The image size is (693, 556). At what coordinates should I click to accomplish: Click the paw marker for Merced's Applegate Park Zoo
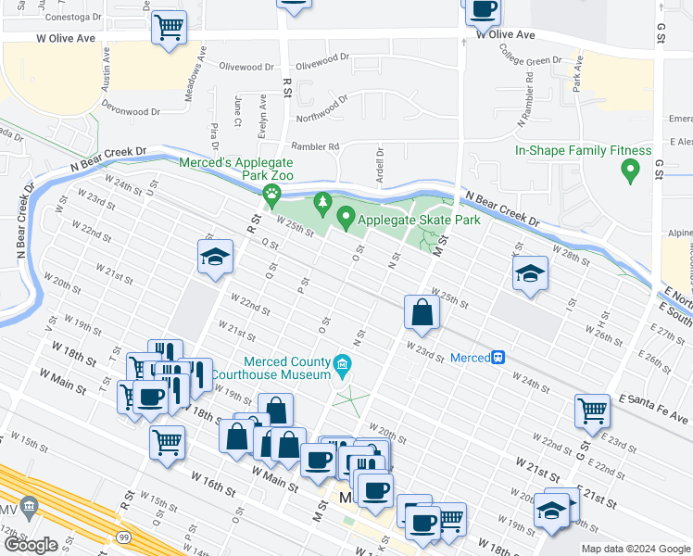pyautogui.click(x=271, y=195)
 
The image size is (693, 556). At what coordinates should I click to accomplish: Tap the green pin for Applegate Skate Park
pyautogui.click(x=346, y=219)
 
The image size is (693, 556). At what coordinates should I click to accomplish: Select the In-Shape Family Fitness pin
pyautogui.click(x=631, y=171)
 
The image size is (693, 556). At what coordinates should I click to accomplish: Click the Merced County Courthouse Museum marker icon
pyautogui.click(x=343, y=362)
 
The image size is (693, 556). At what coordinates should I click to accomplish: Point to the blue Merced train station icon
pyautogui.click(x=498, y=357)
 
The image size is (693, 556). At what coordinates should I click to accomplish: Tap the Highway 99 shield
pyautogui.click(x=123, y=537)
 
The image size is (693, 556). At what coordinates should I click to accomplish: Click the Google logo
pyautogui.click(x=31, y=545)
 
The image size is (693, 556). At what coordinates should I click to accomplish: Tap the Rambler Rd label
pyautogui.click(x=316, y=146)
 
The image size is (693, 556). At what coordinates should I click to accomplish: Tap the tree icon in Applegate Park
pyautogui.click(x=322, y=201)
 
